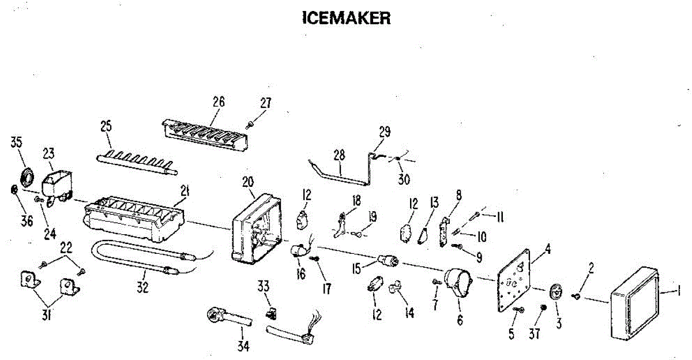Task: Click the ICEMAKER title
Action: click(x=347, y=18)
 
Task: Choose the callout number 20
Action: click(x=248, y=182)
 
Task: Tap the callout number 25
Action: click(x=107, y=126)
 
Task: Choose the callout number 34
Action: click(x=242, y=346)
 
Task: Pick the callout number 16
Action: click(x=300, y=273)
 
